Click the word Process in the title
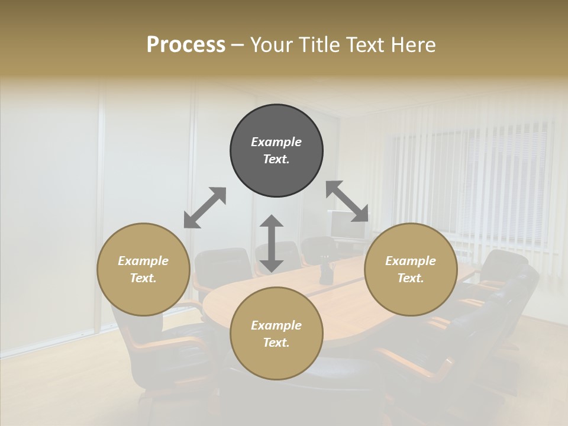[186, 45]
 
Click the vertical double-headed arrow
[272, 243]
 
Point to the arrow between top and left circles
[205, 208]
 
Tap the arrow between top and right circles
[347, 201]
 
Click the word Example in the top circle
[276, 142]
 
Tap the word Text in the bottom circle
[276, 343]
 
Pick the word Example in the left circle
[143, 261]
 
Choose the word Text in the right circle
[411, 278]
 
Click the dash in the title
[238, 45]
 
